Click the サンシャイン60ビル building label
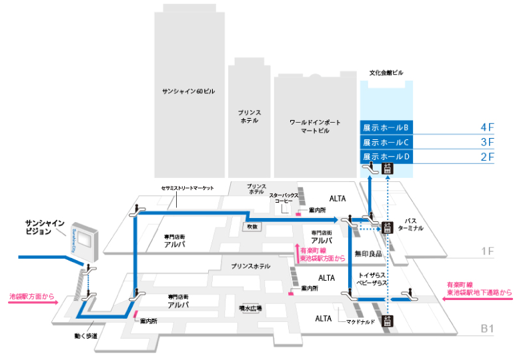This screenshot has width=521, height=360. pyautogui.click(x=185, y=91)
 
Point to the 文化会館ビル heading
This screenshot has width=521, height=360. pyautogui.click(x=386, y=72)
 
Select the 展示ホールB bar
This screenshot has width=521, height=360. pyautogui.click(x=386, y=127)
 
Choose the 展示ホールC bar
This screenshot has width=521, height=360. pyautogui.click(x=386, y=142)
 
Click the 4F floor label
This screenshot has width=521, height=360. pyautogui.click(x=486, y=127)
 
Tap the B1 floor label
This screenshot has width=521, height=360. pyautogui.click(x=488, y=328)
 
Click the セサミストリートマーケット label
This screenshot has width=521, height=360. pyautogui.click(x=187, y=189)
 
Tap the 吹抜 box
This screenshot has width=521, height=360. pyautogui.click(x=251, y=227)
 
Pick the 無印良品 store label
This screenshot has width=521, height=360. pyautogui.click(x=368, y=254)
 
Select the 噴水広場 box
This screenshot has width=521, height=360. pyautogui.click(x=250, y=309)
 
